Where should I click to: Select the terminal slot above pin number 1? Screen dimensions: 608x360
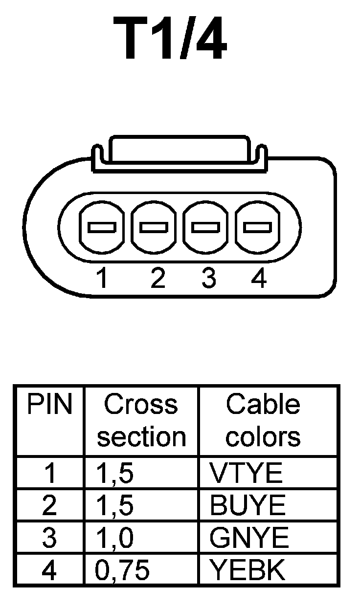[101, 228]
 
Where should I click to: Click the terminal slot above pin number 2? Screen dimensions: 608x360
[154, 228]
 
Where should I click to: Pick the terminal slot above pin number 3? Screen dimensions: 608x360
[205, 228]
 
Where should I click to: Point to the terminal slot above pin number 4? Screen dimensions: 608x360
[258, 228]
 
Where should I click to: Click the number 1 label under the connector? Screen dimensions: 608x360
[102, 279]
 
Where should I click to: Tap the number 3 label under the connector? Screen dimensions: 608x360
[209, 279]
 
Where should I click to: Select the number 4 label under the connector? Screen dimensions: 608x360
[258, 279]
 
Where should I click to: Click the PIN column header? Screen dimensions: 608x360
[49, 405]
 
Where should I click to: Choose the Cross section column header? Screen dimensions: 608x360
[141, 420]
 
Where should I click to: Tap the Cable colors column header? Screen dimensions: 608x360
[263, 420]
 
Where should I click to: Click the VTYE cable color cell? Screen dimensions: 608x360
[246, 473]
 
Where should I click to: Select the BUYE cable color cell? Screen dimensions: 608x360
[247, 505]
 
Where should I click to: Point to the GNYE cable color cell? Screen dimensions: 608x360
[249, 538]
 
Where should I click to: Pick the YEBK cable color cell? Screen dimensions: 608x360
[247, 570]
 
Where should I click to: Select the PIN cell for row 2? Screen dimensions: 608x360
[49, 505]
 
